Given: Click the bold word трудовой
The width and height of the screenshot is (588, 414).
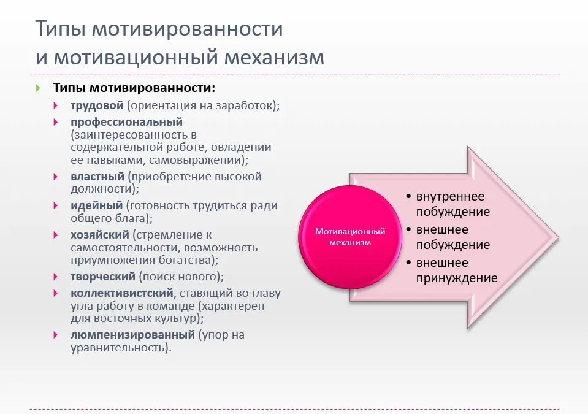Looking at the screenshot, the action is (97, 105).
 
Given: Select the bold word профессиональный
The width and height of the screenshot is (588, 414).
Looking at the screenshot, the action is (127, 122).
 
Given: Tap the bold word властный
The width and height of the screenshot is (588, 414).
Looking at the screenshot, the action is (97, 176).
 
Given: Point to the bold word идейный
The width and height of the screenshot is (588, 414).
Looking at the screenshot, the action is (97, 205).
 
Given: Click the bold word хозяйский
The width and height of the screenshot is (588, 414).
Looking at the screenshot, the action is (100, 235).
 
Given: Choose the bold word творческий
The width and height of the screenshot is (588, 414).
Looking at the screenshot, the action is (103, 277).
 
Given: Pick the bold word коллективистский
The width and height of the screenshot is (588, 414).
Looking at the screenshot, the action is (122, 293).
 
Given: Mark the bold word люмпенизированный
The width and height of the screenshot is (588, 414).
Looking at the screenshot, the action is (133, 335).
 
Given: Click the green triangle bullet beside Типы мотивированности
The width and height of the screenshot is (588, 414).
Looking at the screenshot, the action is (38, 88).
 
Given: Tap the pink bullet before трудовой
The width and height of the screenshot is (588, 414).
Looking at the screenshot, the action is (56, 105).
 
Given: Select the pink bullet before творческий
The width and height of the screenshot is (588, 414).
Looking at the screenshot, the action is (56, 277).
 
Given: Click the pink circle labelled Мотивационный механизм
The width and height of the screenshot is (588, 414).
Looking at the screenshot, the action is (350, 237).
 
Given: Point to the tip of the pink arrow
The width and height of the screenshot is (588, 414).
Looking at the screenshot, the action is (559, 237).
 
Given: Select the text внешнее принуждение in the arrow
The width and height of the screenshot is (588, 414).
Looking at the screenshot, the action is (457, 270).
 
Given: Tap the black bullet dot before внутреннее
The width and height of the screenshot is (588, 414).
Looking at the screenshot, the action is (409, 196).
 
